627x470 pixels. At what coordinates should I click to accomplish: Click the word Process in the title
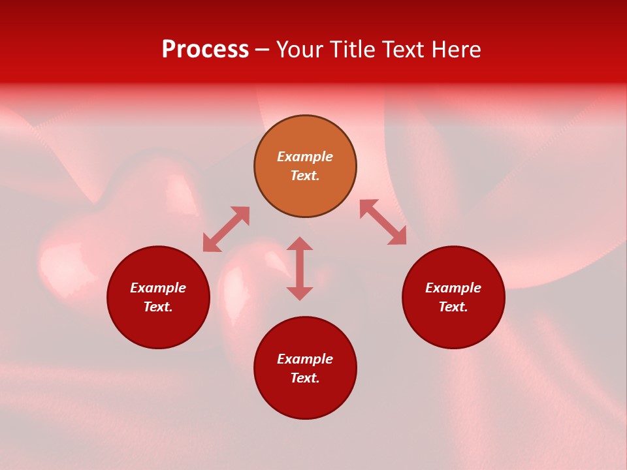(205, 50)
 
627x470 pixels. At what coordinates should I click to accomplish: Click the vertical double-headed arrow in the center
(300, 268)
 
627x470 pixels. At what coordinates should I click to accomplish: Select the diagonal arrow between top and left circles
(226, 229)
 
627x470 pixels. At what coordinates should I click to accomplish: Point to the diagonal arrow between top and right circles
(383, 222)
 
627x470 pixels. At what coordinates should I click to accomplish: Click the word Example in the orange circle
(305, 157)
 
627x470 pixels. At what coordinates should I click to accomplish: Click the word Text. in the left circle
(158, 307)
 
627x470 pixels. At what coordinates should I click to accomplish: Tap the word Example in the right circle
(453, 288)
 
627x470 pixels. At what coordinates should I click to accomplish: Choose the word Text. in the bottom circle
(305, 378)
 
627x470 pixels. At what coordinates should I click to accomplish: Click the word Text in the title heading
(401, 50)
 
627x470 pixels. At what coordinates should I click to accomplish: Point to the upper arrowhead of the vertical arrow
(300, 244)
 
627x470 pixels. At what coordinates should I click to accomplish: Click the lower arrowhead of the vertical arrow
(300, 293)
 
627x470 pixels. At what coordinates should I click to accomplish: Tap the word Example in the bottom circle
(305, 359)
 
